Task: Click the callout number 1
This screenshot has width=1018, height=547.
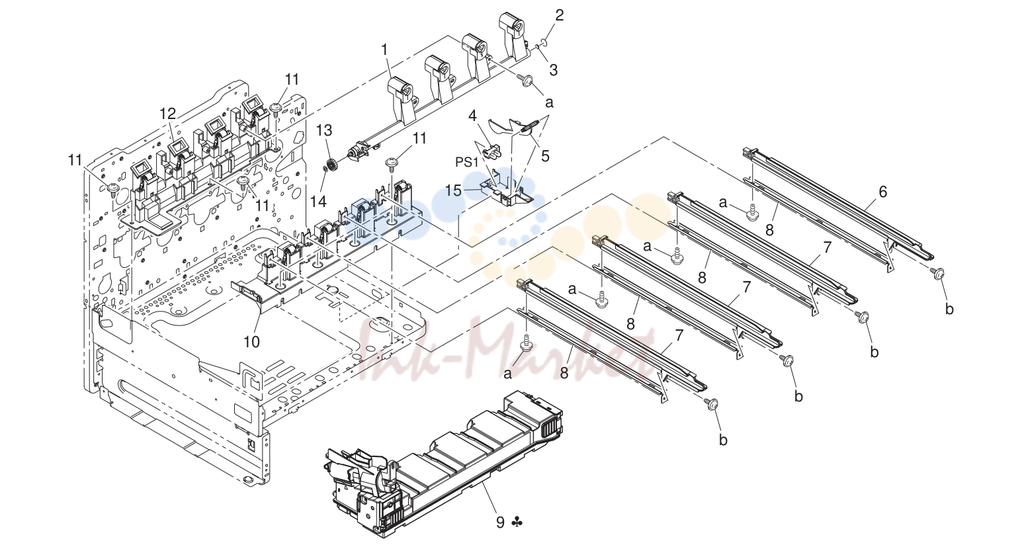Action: point(386,50)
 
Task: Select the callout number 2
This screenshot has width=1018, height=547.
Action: point(560,15)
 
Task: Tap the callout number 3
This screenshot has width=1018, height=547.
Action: point(553,70)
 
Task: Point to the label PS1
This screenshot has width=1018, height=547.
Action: point(468,162)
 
